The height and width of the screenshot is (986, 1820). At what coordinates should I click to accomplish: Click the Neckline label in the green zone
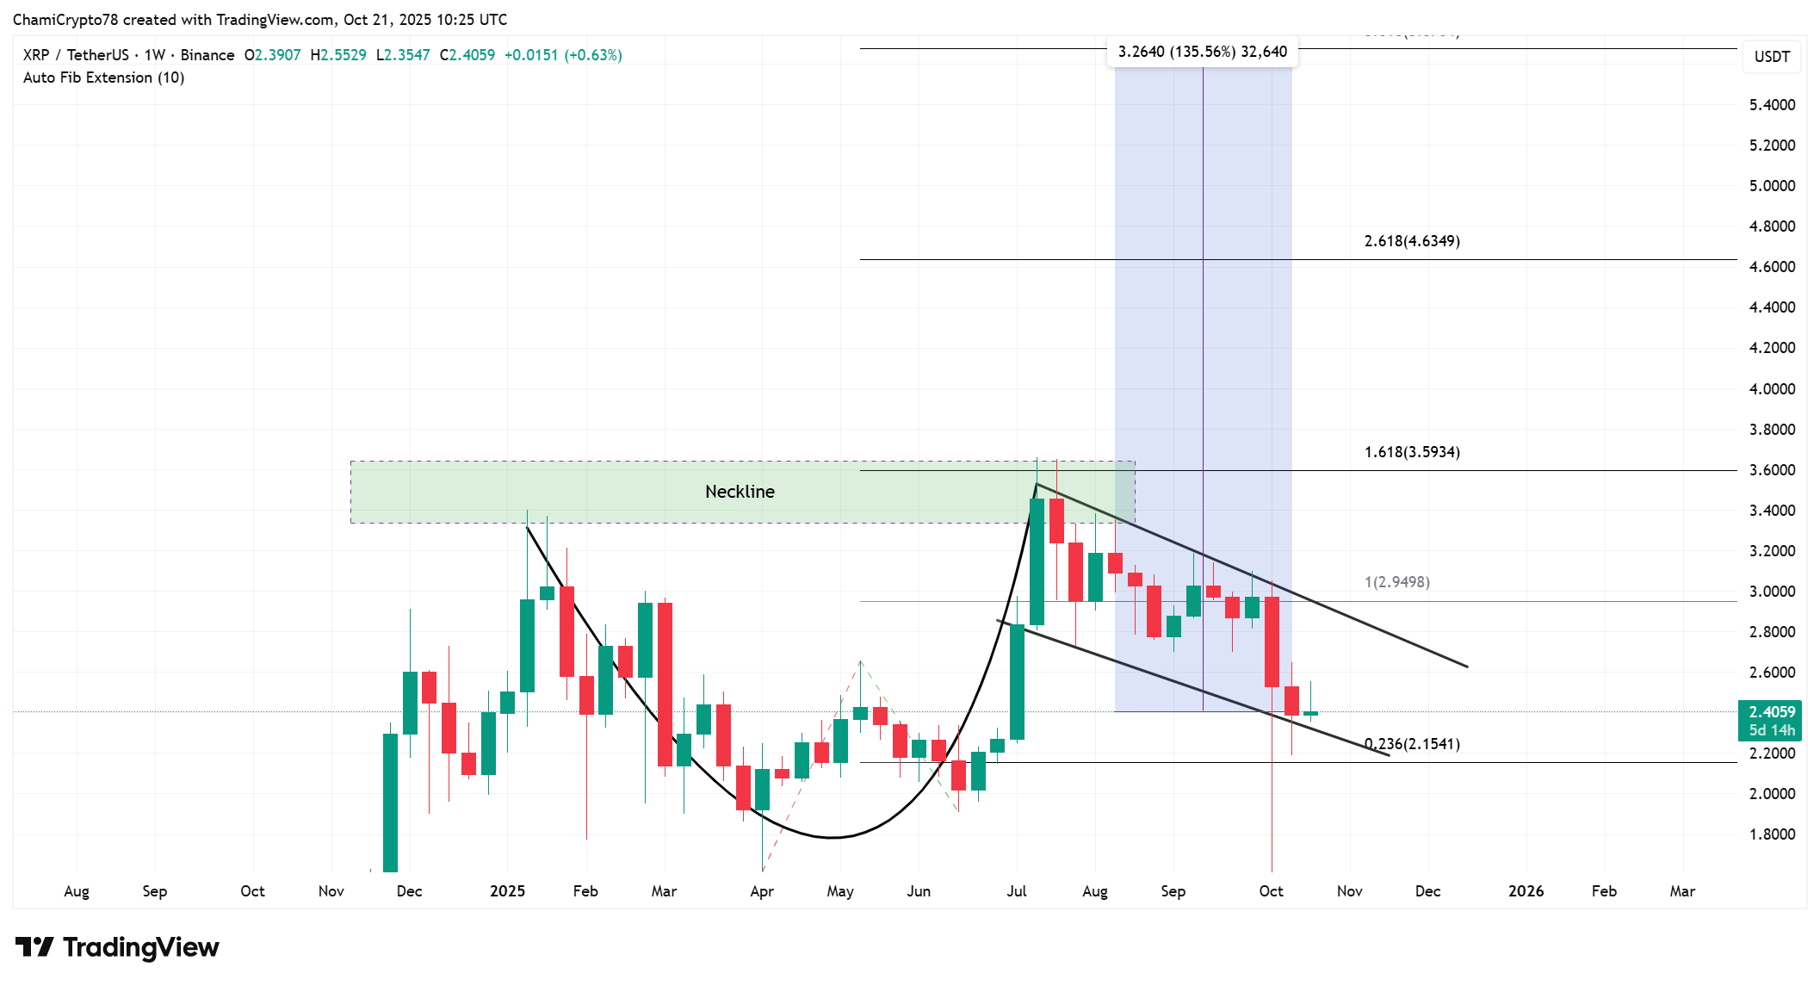(x=740, y=492)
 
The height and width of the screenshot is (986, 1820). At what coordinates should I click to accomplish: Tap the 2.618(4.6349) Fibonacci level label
(x=1412, y=241)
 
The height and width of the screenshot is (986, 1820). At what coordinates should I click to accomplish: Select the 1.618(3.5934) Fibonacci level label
(x=1412, y=452)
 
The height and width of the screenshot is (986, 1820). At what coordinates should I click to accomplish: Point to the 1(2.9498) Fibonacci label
(x=1396, y=582)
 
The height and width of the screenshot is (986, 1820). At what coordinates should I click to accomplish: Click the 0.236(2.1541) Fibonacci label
(x=1412, y=744)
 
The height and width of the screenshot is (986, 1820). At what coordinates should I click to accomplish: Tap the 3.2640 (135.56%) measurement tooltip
(x=1202, y=52)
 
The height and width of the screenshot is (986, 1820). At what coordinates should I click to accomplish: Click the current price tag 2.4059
(x=1772, y=712)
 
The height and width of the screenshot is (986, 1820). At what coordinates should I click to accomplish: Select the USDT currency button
(x=1772, y=57)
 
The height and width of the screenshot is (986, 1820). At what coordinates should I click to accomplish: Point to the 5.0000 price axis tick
(x=1772, y=186)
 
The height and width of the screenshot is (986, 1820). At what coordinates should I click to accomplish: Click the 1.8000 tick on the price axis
(x=1772, y=834)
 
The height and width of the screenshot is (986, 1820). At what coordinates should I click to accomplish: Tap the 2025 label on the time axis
(x=507, y=891)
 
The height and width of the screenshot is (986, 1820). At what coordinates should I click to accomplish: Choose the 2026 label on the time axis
(x=1526, y=891)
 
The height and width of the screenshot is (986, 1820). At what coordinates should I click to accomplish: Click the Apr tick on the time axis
(x=762, y=891)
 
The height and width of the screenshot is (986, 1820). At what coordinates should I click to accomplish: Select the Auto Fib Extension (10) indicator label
(x=103, y=78)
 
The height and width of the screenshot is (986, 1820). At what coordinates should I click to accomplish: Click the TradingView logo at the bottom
(x=117, y=947)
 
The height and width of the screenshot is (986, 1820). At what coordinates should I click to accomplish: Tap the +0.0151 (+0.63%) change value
(x=562, y=55)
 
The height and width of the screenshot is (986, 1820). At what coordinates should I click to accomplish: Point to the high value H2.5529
(x=338, y=55)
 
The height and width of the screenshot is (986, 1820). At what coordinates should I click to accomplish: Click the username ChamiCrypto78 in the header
(x=65, y=20)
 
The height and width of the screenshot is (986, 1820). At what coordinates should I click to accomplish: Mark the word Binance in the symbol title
(x=207, y=55)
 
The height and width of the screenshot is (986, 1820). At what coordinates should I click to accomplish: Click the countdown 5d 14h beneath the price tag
(x=1772, y=730)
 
